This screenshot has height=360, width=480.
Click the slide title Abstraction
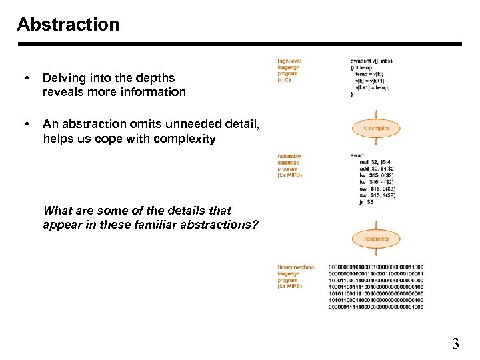pyautogui.click(x=68, y=25)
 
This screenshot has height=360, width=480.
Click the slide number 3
pyautogui.click(x=455, y=344)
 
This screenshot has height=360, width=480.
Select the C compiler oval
pyautogui.click(x=377, y=127)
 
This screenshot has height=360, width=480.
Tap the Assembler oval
pyautogui.click(x=377, y=238)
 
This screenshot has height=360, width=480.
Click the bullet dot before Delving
pyautogui.click(x=25, y=79)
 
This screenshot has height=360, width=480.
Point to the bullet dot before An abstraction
pyautogui.click(x=25, y=124)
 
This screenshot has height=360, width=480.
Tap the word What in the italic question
pyautogui.click(x=57, y=210)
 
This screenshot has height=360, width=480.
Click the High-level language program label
pyautogui.click(x=289, y=71)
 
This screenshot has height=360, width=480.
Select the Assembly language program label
pyautogui.click(x=289, y=165)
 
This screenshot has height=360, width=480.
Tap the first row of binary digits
pyautogui.click(x=376, y=267)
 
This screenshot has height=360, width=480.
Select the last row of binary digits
pyautogui.click(x=376, y=307)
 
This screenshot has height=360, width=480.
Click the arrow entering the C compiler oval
pyautogui.click(x=377, y=111)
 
